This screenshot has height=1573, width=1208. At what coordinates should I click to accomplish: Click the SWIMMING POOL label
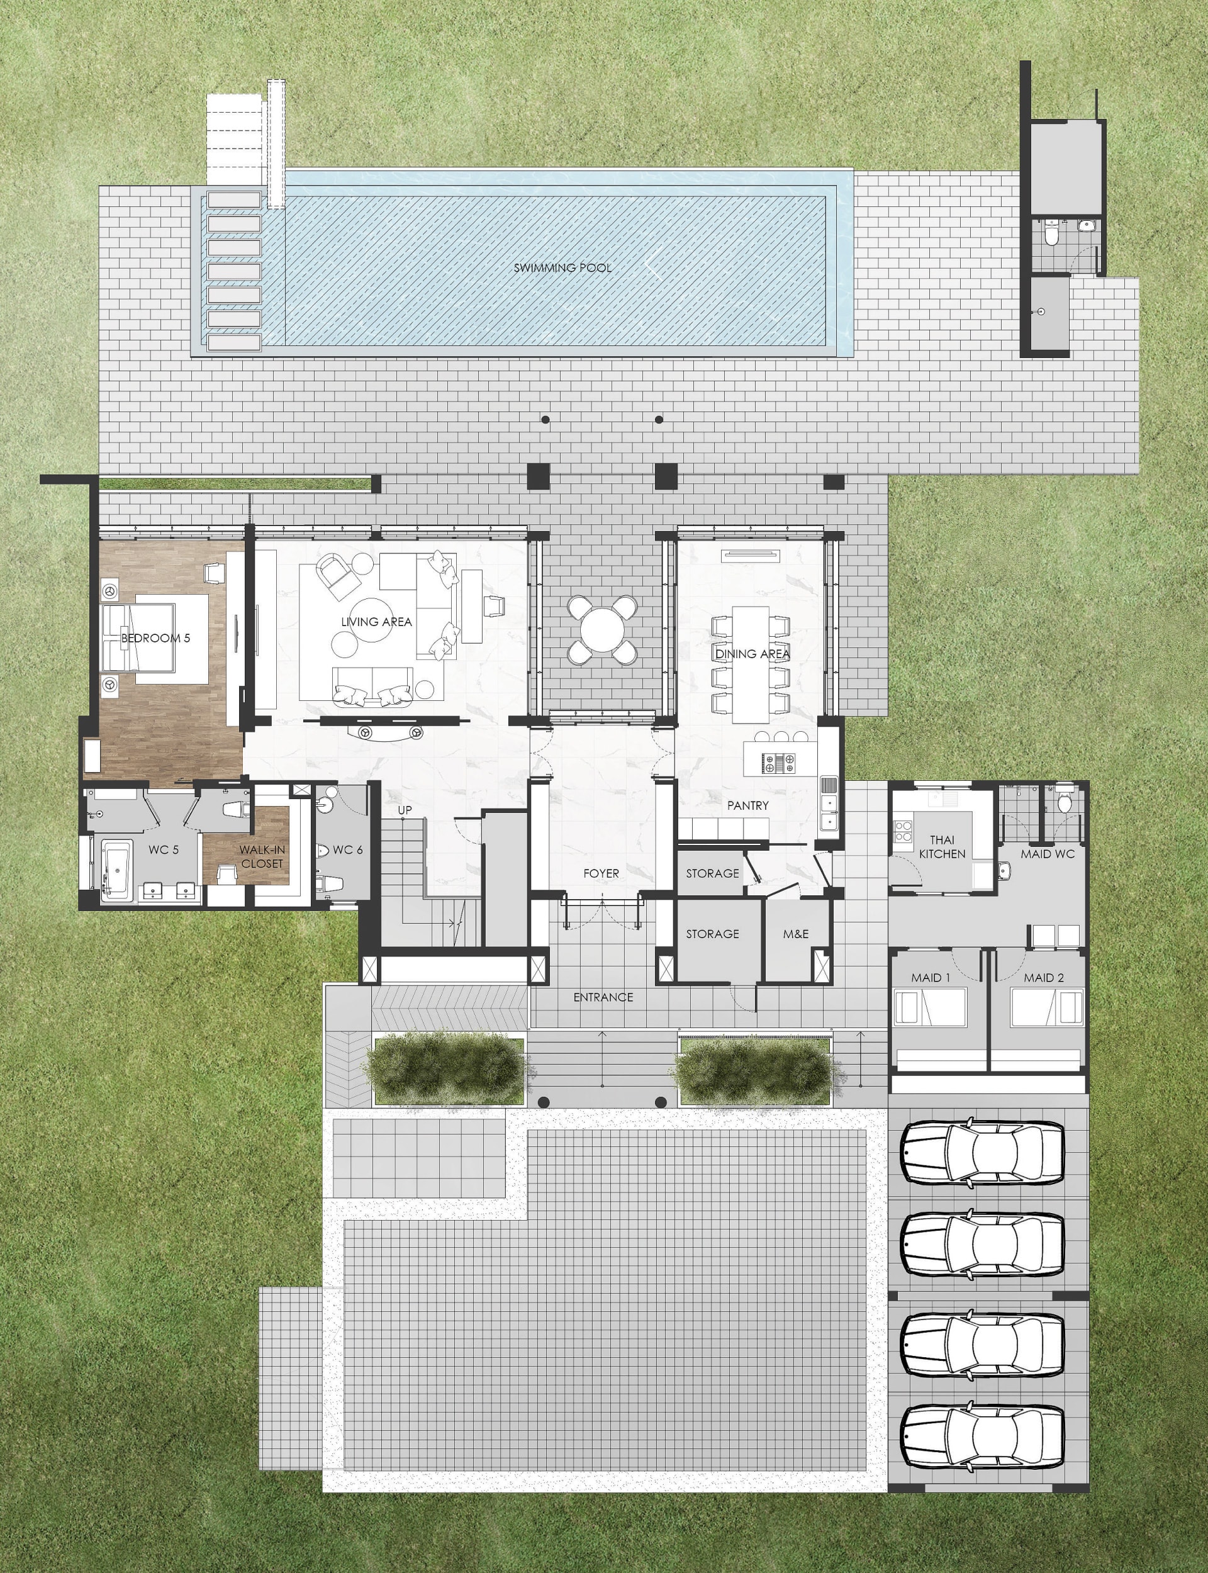click(x=562, y=267)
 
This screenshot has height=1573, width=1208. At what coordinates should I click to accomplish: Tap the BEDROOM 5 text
click(x=155, y=637)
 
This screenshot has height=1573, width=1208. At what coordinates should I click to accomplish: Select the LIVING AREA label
click(x=376, y=622)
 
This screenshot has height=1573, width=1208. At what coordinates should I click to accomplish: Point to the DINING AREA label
click(x=752, y=654)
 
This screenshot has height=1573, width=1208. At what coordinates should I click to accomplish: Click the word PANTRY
click(x=748, y=805)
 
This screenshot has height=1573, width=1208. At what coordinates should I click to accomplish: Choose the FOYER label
click(x=601, y=873)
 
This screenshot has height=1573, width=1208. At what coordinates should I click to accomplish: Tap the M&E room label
click(x=796, y=934)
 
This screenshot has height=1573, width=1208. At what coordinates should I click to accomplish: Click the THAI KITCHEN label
click(x=942, y=847)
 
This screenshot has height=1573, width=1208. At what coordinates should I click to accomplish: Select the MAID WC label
click(x=1048, y=854)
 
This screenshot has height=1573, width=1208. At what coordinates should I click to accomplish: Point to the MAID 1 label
click(x=931, y=978)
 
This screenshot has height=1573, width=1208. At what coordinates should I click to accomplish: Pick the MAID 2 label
click(x=1044, y=978)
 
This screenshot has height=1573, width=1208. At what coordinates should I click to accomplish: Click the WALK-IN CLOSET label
click(x=262, y=857)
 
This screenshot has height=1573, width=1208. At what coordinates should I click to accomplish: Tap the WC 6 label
click(x=348, y=850)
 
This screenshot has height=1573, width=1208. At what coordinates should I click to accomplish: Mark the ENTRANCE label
click(x=603, y=997)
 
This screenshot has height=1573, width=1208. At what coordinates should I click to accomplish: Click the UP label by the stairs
click(x=405, y=810)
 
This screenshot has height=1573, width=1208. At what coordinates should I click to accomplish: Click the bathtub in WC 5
click(x=116, y=870)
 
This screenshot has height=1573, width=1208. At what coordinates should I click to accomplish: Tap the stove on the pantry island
click(x=779, y=763)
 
